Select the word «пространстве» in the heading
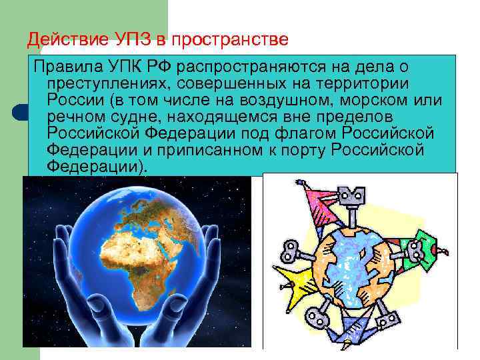click(230, 39)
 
